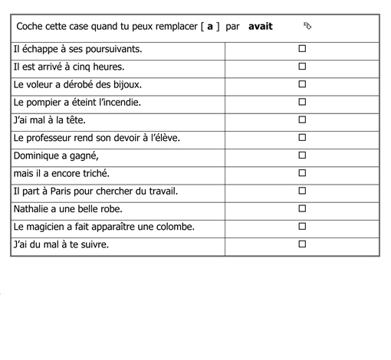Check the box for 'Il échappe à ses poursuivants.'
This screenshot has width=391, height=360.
point(302,48)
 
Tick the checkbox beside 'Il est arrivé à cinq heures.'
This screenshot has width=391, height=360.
point(302,66)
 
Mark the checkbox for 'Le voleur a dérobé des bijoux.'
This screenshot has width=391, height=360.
point(302,83)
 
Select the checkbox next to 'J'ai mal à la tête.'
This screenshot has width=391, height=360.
point(302,119)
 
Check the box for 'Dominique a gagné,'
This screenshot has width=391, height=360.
point(302,155)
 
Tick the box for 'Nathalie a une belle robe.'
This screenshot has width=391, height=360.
point(302,208)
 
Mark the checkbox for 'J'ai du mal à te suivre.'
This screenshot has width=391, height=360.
point(302,244)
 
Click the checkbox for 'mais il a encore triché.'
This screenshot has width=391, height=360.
point(302,172)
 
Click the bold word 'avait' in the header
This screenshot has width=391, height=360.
point(261,27)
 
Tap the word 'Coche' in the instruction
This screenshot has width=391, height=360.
point(31,27)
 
